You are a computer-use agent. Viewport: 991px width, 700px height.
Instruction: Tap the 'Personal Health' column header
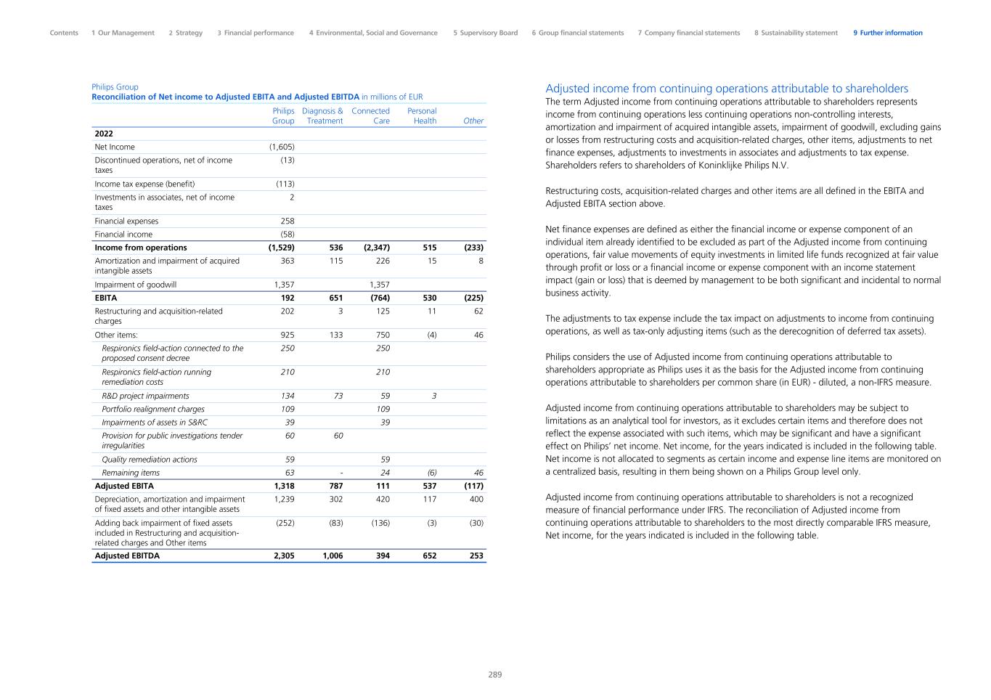[x=423, y=116]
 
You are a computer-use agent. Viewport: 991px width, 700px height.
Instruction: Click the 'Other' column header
[x=473, y=121]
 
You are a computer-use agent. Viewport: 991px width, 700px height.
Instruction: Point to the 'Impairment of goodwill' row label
[x=136, y=285]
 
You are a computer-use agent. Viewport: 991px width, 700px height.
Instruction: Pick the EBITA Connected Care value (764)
[x=377, y=298]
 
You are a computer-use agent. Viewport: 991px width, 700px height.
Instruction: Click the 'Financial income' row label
[x=123, y=235]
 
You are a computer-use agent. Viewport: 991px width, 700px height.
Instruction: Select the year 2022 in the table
[x=104, y=134]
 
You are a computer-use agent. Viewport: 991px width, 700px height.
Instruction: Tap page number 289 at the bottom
[x=494, y=675]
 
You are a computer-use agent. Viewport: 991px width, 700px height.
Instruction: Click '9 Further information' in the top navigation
[x=888, y=33]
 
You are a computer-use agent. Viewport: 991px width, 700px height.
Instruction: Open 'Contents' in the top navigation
[x=64, y=33]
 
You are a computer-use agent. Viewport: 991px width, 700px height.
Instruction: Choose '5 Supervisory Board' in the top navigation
[x=486, y=33]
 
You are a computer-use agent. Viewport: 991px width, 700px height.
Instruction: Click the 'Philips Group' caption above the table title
[x=115, y=87]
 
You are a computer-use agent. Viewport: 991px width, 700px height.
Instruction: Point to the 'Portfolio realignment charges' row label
[x=153, y=409]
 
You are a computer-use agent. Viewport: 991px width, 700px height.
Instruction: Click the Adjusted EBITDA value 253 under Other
[x=476, y=556]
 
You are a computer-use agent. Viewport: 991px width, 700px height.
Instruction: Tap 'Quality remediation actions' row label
[x=150, y=460]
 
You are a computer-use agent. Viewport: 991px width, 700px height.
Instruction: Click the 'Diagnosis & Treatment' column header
[x=322, y=116]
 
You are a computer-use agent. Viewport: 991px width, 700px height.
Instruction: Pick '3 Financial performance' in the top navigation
[x=256, y=33]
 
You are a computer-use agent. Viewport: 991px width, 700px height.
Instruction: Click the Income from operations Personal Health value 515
[x=429, y=248]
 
